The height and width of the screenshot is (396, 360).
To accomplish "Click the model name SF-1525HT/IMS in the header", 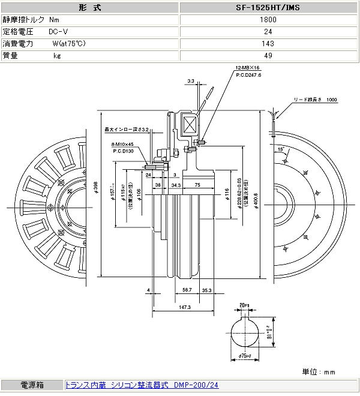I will click(x=268, y=8).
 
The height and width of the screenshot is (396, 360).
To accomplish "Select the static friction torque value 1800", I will click(x=268, y=19).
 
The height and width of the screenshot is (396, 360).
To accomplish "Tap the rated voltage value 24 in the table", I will click(x=268, y=31).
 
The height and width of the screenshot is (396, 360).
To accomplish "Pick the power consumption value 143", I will click(x=268, y=43).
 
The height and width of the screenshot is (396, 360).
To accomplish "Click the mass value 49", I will click(x=268, y=55).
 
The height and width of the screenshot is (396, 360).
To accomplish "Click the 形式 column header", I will click(x=90, y=8).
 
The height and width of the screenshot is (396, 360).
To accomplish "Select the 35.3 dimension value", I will click(x=206, y=290).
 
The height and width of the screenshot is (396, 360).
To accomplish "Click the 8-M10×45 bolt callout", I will click(x=122, y=144).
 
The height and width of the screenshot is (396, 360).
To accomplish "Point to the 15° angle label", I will click(x=280, y=148).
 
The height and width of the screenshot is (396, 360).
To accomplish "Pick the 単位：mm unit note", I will click(x=319, y=371).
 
